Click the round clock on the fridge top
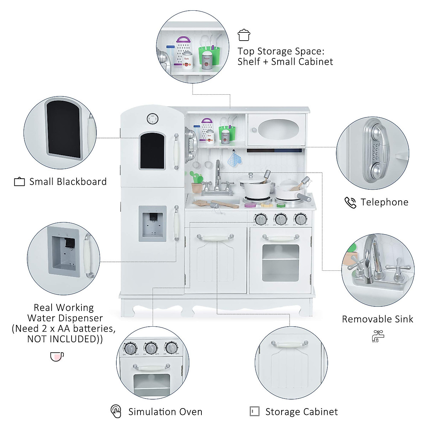point(152,119)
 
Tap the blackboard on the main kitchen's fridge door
point(152,151)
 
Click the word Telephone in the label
point(384,202)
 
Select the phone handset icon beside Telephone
point(350,202)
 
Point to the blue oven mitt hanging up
point(234,159)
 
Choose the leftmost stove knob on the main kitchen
point(261,218)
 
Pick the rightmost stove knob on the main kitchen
point(301,218)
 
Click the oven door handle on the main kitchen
point(281,238)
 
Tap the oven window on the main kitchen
point(280,263)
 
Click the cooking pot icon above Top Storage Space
point(244,35)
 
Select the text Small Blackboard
point(68,182)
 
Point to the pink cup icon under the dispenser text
point(57,356)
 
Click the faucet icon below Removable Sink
point(378,336)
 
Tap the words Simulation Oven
point(165,412)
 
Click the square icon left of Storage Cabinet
point(254,411)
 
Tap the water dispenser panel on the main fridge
point(152,223)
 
